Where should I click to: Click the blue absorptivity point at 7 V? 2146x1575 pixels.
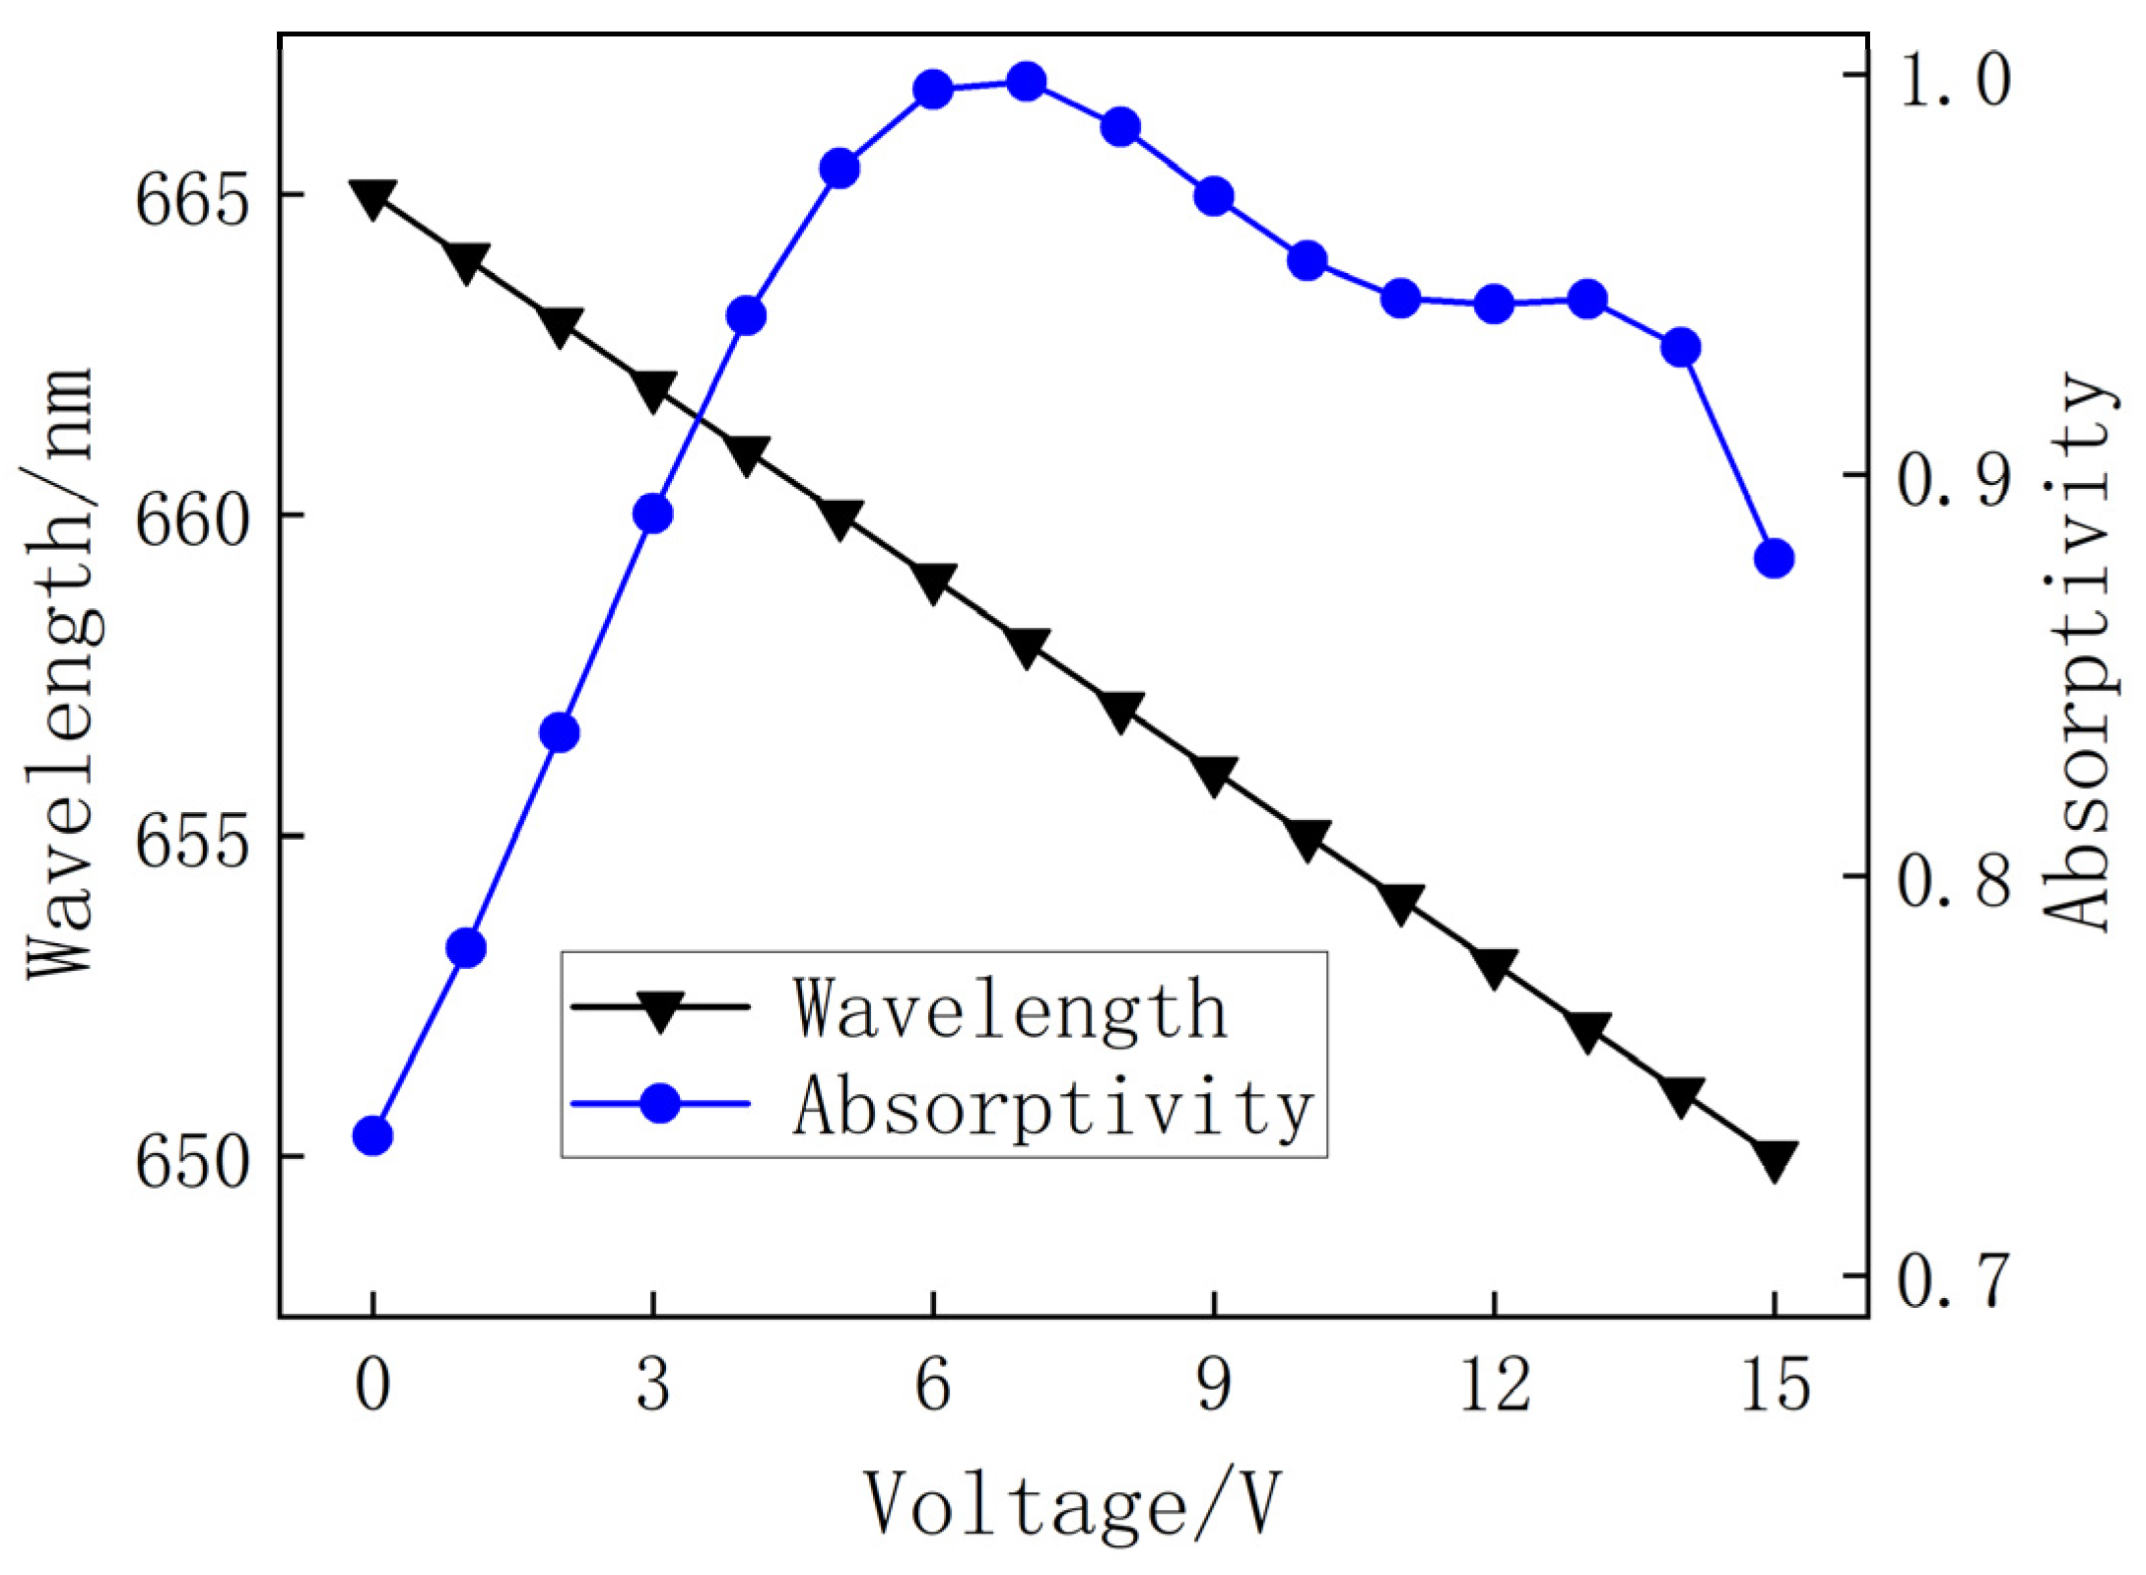[x=1026, y=82]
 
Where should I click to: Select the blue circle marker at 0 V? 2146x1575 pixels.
[x=372, y=1136]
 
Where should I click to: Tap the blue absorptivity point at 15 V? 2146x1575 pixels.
[x=1774, y=559]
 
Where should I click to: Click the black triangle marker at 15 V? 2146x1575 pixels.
[x=1774, y=1160]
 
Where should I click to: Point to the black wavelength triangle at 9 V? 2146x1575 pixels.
[x=1213, y=776]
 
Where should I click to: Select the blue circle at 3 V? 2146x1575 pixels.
[x=652, y=514]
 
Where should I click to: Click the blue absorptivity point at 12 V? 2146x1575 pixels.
[x=1494, y=305]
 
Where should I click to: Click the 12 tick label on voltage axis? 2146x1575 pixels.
[x=1494, y=1385]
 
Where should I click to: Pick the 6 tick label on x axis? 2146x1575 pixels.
[x=932, y=1385]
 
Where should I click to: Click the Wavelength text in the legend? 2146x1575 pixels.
[x=1011, y=1009]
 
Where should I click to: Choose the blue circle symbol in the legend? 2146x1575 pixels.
[x=659, y=1102]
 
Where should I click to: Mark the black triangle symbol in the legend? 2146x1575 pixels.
[x=659, y=1009]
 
